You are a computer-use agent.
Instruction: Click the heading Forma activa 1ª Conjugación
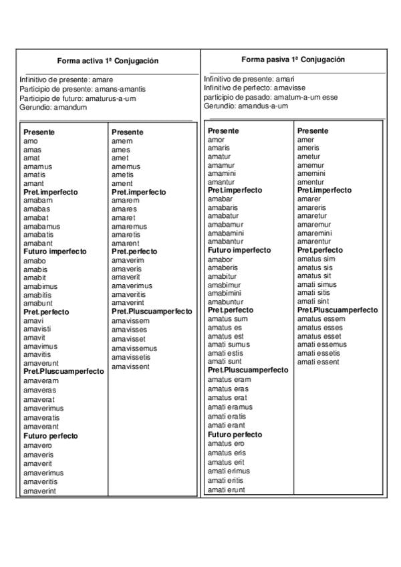pyautogui.click(x=107, y=61)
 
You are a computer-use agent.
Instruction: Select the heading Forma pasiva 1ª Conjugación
pyautogui.click(x=293, y=60)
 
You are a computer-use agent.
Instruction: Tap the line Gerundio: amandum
pyautogui.click(x=53, y=108)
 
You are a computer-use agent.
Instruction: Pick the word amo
pyautogui.click(x=31, y=141)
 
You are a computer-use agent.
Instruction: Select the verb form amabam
pyautogui.click(x=37, y=201)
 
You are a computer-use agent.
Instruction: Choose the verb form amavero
pyautogui.click(x=37, y=445)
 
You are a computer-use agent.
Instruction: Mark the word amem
pyautogui.click(x=122, y=141)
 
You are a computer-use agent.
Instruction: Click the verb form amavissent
pyautogui.click(x=130, y=366)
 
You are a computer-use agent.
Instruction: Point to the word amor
pyautogui.click(x=217, y=140)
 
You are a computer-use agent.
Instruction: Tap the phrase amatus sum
pyautogui.click(x=227, y=319)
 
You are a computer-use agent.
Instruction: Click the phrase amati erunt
pyautogui.click(x=227, y=489)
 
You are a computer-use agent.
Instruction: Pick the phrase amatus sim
pyautogui.click(x=316, y=259)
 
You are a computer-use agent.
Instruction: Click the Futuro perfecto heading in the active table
pyautogui.click(x=51, y=436)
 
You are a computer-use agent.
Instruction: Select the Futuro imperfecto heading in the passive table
pyautogui.click(x=239, y=250)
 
